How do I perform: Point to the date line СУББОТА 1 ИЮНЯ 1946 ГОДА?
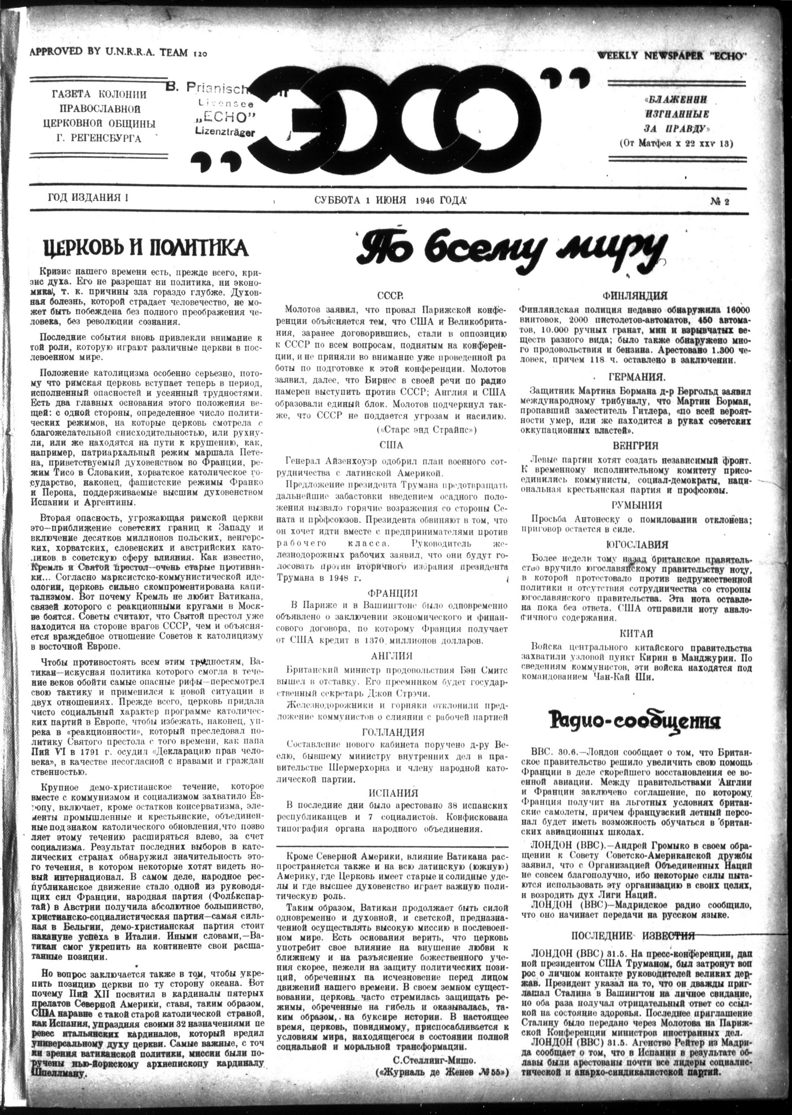pos(391,200)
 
